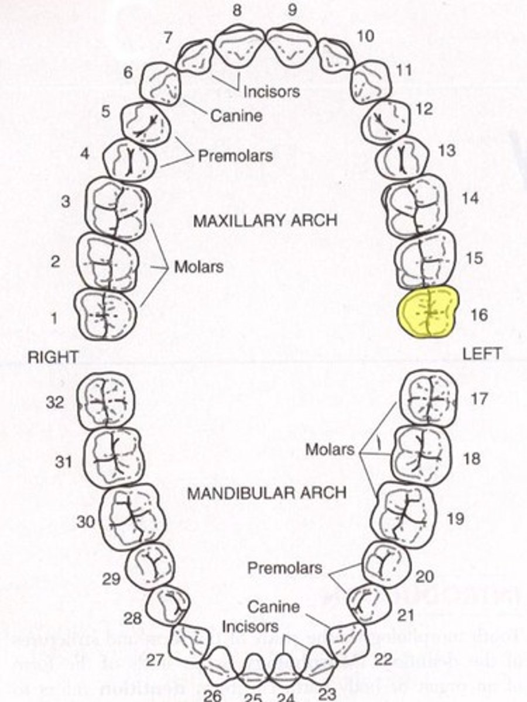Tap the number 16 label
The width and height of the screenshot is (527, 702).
tap(478, 315)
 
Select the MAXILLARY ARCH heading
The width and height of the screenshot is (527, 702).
tap(265, 221)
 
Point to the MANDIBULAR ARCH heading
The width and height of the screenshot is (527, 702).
tap(266, 493)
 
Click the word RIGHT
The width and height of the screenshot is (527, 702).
tap(53, 357)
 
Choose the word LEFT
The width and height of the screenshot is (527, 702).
tap(481, 354)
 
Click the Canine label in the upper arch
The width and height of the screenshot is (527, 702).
tap(236, 116)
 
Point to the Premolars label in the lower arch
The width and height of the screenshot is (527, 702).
tap(284, 567)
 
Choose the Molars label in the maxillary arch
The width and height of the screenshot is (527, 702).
tap(199, 267)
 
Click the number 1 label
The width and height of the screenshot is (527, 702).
tap(54, 318)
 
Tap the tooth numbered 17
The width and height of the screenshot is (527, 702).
tap(428, 397)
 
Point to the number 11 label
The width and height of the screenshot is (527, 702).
tap(403, 71)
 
